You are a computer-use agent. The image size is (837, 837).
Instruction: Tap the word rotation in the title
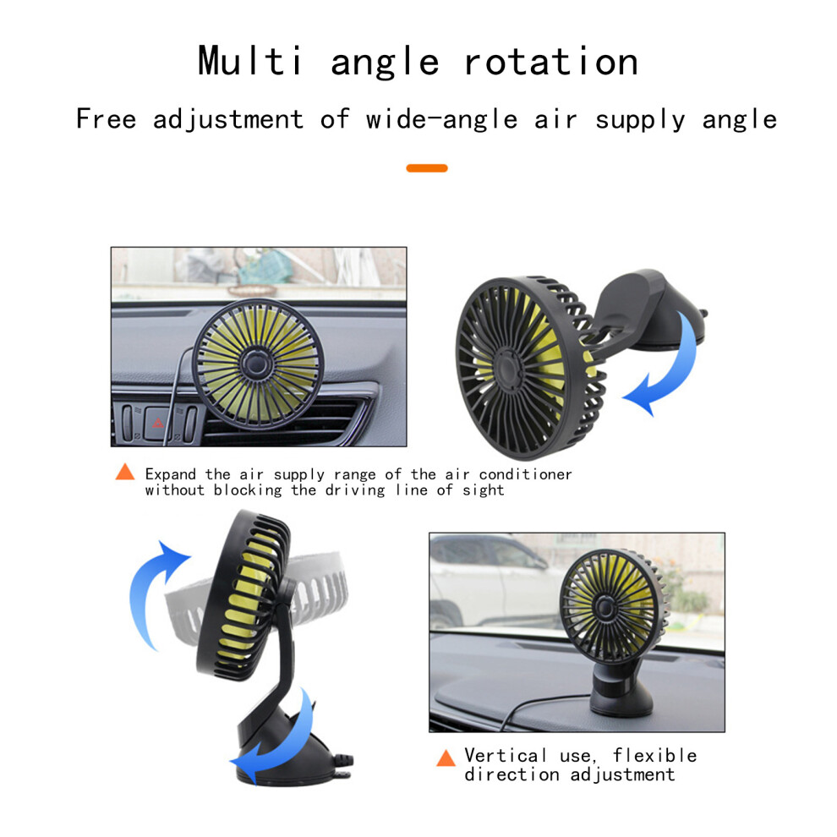(x=551, y=62)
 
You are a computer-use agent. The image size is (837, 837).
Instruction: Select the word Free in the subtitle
(x=107, y=118)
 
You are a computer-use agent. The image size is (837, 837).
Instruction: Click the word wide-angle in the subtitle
(x=442, y=119)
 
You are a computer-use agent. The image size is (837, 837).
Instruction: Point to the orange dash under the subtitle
(x=427, y=168)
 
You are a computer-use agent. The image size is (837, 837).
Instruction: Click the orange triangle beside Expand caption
(x=125, y=472)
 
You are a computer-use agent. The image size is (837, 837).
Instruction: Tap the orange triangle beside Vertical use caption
(x=446, y=758)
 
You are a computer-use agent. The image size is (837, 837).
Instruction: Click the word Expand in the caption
(x=171, y=474)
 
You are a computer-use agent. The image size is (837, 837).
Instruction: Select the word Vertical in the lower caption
(x=506, y=755)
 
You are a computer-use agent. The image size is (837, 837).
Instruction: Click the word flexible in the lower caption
(x=655, y=755)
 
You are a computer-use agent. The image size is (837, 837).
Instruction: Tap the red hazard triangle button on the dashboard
(x=158, y=424)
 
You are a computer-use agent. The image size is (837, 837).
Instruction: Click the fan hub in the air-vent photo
(x=257, y=364)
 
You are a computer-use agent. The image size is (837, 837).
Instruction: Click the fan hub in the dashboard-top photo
(x=605, y=607)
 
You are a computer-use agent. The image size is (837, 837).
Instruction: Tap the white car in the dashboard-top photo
(x=494, y=582)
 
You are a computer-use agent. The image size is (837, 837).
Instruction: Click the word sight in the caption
(x=483, y=490)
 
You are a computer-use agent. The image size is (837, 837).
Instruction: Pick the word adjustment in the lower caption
(x=622, y=774)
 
